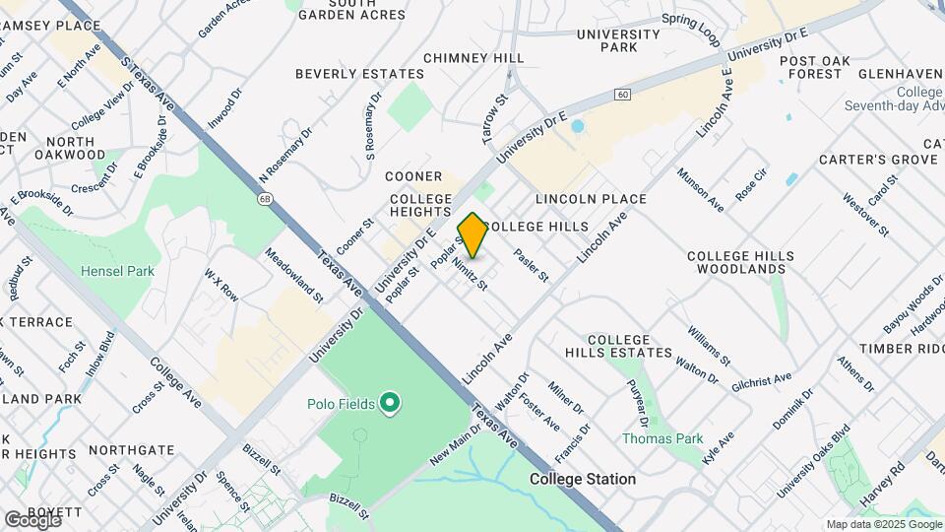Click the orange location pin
click(x=472, y=234)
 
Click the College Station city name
click(x=582, y=479)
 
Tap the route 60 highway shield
click(x=623, y=94)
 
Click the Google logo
click(x=33, y=519)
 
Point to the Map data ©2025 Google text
click(x=883, y=524)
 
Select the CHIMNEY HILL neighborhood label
click(x=473, y=58)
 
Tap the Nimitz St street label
click(x=470, y=273)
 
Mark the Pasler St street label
click(x=531, y=263)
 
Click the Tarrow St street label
click(x=494, y=119)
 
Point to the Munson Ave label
click(x=700, y=189)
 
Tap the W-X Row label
click(x=221, y=286)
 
